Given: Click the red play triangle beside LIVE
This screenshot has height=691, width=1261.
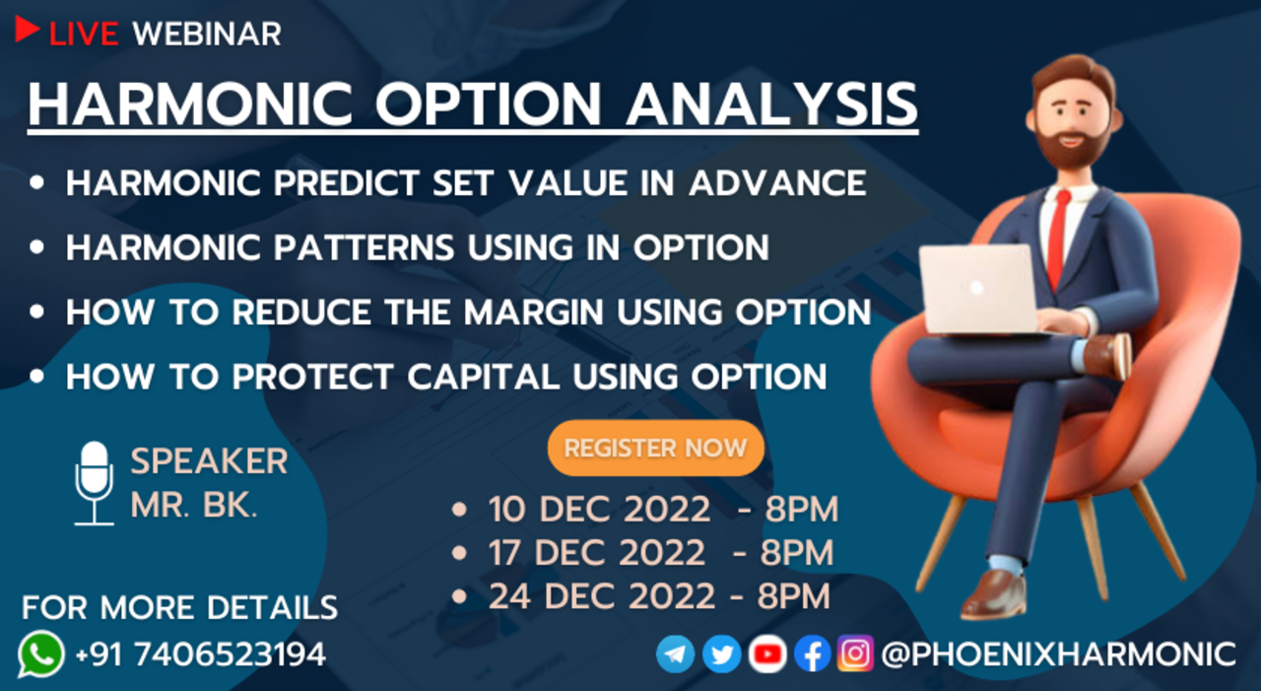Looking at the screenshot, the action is click(x=26, y=29).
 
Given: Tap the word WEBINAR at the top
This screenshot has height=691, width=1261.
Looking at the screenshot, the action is click(x=207, y=35).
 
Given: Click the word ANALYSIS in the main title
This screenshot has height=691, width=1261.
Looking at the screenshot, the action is click(x=771, y=104).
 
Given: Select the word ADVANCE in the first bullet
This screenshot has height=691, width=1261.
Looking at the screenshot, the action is click(x=777, y=183).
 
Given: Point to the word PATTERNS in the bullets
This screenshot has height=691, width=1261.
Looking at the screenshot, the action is click(x=364, y=247).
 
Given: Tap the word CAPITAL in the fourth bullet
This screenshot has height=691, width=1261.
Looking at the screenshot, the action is click(x=483, y=377).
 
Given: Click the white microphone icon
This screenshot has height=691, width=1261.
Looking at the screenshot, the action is click(x=94, y=483).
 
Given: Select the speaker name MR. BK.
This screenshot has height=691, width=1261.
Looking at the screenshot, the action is click(x=194, y=505).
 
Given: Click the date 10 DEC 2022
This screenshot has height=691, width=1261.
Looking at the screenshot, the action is click(x=600, y=509).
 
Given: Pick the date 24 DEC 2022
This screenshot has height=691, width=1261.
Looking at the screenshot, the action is click(x=602, y=595).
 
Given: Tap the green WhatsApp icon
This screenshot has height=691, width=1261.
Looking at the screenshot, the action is click(x=40, y=654).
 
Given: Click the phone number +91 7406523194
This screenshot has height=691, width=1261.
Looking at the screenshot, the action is click(x=200, y=655).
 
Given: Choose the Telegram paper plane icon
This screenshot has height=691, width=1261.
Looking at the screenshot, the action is click(x=675, y=654).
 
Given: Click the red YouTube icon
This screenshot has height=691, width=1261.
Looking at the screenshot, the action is click(x=767, y=654).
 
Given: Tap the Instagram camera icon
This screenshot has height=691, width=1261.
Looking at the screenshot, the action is click(x=855, y=654).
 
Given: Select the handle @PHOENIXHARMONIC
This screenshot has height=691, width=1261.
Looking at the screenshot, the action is click(x=1058, y=655).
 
